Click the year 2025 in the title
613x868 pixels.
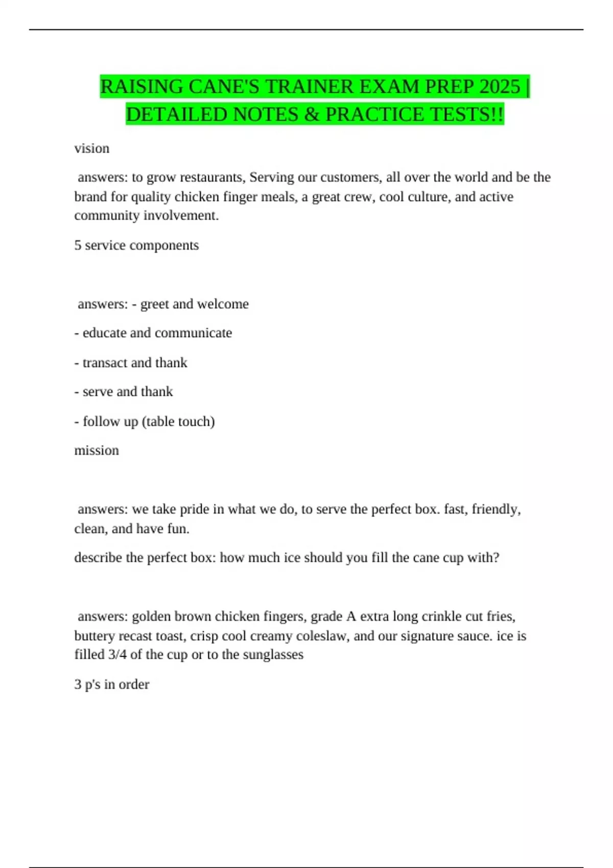point(500,87)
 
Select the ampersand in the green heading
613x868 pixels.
point(312,114)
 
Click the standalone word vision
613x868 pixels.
point(92,148)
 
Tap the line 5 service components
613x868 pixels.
point(136,245)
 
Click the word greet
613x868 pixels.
point(154,304)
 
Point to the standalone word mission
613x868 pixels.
point(97,450)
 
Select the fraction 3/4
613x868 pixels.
point(117,655)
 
